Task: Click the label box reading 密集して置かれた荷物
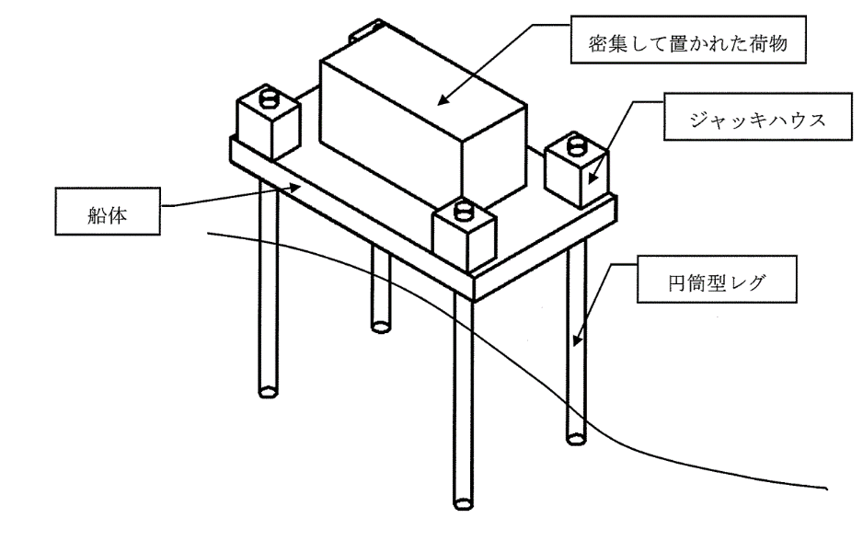pos(688,40)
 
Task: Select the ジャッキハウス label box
pos(757,116)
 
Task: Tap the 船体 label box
pos(108,212)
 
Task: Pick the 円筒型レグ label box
pos(717,279)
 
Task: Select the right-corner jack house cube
pos(578,171)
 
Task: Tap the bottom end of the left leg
pos(268,392)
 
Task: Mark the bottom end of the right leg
pos(576,439)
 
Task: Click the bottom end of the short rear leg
pos(380,327)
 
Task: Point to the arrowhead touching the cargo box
pos(443,99)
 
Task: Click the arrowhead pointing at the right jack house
pos(592,178)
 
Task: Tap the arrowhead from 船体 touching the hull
pos(295,187)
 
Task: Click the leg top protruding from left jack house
pos(269,97)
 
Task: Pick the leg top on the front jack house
pos(465,211)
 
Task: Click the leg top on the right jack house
pos(577,145)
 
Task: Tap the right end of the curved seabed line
pos(826,488)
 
